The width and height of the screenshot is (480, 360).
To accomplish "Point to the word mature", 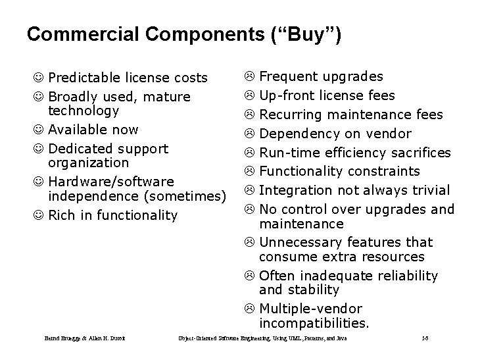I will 168,97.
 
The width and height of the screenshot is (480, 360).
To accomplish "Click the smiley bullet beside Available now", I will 41,130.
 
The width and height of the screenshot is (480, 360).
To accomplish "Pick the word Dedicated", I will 82,149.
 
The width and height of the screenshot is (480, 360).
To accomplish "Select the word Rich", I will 62,215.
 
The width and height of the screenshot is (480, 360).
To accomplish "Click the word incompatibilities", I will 314,323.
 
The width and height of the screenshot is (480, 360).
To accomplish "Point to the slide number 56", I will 426,338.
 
